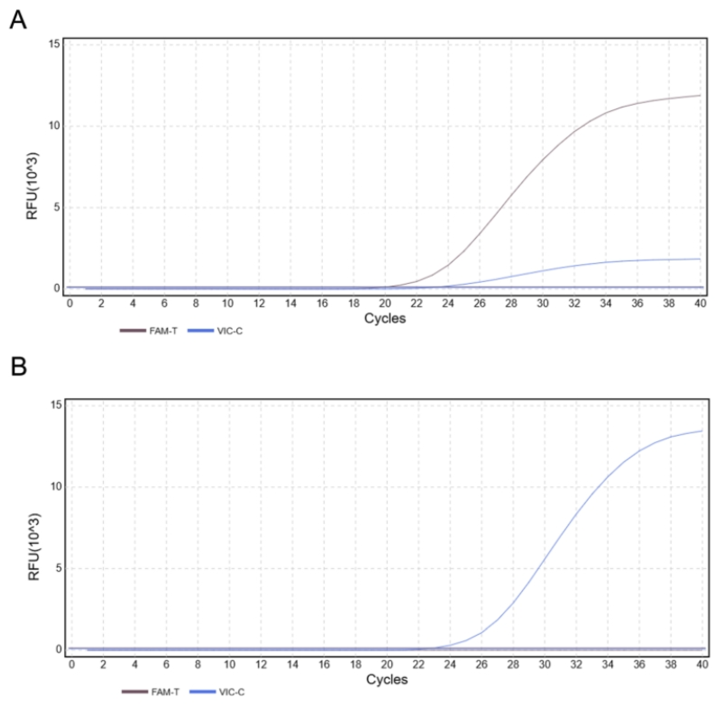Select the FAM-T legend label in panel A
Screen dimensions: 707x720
pyautogui.click(x=163, y=331)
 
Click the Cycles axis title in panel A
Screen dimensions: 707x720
pyautogui.click(x=385, y=318)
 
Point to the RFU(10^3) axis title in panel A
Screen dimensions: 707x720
pyautogui.click(x=33, y=186)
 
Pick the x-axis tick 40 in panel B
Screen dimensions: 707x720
pyautogui.click(x=702, y=664)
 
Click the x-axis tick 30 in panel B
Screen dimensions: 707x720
pyautogui.click(x=545, y=664)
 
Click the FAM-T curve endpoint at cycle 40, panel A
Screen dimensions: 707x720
pyautogui.click(x=700, y=95)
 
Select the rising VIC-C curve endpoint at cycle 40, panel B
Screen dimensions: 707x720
pyautogui.click(x=702, y=431)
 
